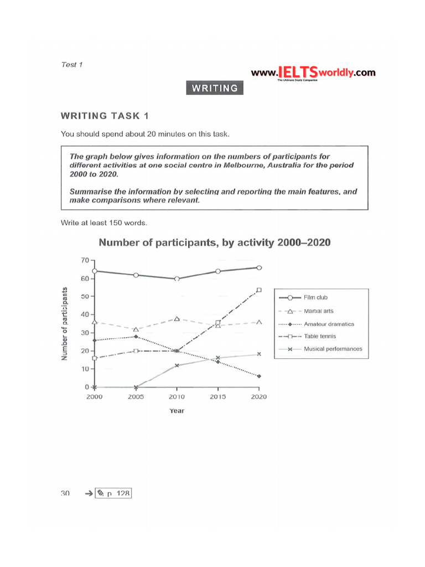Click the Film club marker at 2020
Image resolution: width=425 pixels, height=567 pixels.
pos(259,267)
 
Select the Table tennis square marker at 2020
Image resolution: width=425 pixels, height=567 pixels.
pos(259,290)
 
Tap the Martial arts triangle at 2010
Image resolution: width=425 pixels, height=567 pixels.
pos(177,319)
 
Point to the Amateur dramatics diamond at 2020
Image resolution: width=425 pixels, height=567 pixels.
pos(259,376)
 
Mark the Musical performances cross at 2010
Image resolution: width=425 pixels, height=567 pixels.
pos(177,365)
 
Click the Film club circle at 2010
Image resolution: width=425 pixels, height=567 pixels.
pos(177,279)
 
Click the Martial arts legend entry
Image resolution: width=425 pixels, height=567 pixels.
pos(319,311)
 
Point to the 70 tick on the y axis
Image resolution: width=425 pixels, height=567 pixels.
pos(85,260)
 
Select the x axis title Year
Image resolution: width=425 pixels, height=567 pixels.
pos(177,411)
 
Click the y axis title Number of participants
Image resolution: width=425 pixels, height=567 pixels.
pos(66,324)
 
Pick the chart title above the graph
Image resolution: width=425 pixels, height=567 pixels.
pos(214,243)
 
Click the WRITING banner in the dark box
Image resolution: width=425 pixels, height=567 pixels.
pos(215,88)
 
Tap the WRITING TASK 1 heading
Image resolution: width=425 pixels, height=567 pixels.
pos(105,116)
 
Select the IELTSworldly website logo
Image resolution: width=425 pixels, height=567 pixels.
pos(313,73)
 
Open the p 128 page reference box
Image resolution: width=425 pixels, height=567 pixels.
pos(113,492)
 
